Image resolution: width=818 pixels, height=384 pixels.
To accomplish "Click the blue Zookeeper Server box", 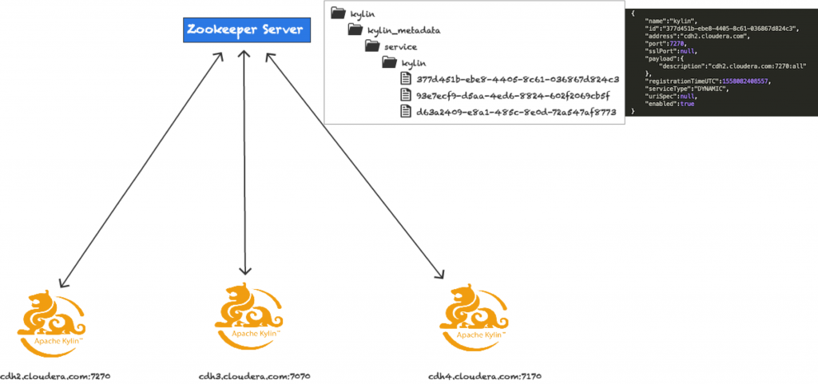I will [x=244, y=30].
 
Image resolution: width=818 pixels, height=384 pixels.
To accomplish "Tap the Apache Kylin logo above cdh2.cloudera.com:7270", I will [x=50, y=319].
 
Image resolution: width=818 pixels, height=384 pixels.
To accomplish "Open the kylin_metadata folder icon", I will [x=356, y=30].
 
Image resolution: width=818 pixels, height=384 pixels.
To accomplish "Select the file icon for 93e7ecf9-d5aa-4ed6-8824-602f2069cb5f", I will [x=407, y=95].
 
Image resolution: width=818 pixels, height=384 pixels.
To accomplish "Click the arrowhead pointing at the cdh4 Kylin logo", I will [x=439, y=275].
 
